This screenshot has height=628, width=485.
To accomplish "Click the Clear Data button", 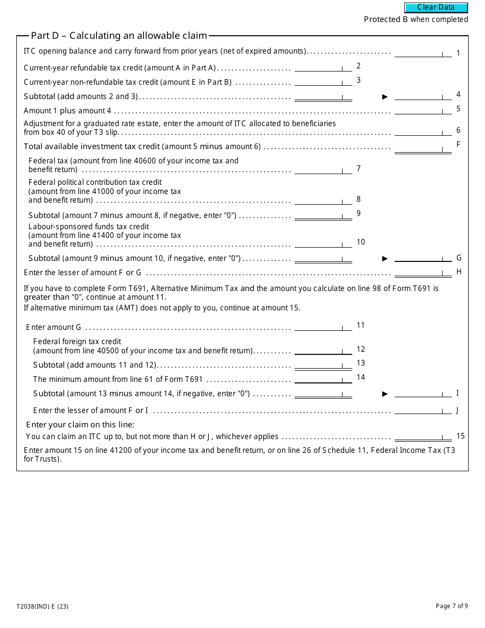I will [436, 8].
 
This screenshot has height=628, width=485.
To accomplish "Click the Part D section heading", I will [119, 36].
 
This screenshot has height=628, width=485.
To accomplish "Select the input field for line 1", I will [423, 53].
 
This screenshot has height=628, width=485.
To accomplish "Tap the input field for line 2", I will [323, 67].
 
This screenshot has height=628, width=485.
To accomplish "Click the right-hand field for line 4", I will [423, 95].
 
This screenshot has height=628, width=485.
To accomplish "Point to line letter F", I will [458, 144].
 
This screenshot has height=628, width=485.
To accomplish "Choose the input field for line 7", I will [323, 170].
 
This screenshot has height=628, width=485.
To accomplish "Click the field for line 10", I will [323, 243].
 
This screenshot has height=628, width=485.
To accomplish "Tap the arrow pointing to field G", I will [385, 258].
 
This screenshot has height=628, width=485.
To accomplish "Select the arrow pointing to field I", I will [385, 394].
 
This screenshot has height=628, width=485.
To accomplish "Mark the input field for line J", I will [423, 410].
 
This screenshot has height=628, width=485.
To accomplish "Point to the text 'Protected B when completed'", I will [416, 19].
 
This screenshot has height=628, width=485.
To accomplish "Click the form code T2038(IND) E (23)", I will [42, 607].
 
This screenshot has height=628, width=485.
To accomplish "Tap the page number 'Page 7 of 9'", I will [451, 606].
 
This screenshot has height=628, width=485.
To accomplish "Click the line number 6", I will [458, 130].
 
